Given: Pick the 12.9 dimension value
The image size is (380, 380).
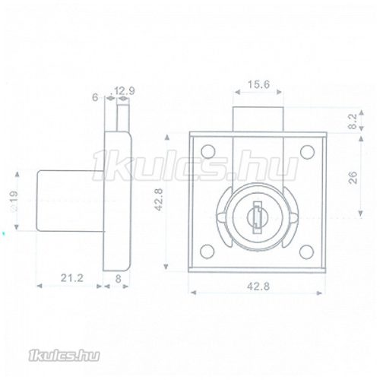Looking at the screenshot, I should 125,93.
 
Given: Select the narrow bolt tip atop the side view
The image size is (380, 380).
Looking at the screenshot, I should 121,119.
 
